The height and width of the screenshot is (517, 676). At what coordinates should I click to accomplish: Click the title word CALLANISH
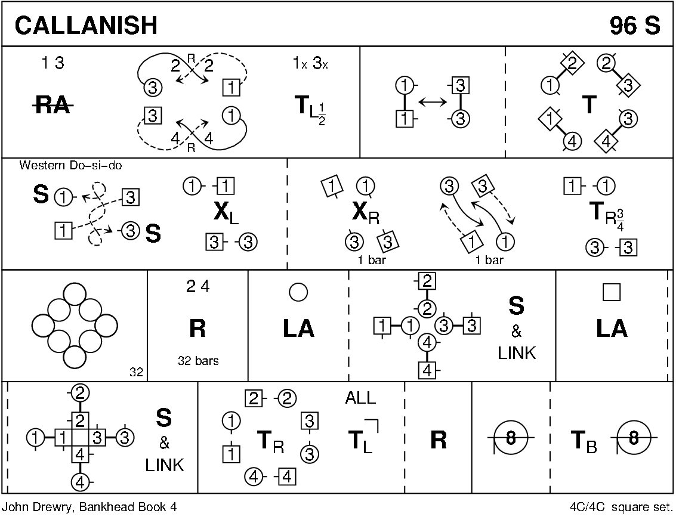click(87, 25)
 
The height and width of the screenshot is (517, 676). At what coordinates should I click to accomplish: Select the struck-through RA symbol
click(53, 107)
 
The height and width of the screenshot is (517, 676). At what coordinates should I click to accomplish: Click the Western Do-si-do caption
click(70, 165)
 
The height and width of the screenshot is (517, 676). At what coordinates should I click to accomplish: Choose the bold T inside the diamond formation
click(589, 105)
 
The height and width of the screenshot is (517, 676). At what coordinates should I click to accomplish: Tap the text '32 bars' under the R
click(197, 361)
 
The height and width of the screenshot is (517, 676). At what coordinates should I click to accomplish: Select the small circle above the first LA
click(298, 292)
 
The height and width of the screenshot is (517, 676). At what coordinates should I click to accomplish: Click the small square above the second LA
click(612, 292)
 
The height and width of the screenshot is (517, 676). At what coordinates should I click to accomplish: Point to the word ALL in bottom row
click(360, 398)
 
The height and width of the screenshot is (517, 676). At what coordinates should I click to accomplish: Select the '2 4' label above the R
click(197, 287)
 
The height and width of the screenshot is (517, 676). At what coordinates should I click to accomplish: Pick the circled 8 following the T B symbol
click(634, 439)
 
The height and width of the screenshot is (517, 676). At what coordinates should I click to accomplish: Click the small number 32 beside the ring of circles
click(136, 373)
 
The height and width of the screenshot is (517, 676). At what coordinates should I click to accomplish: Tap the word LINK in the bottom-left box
click(164, 465)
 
